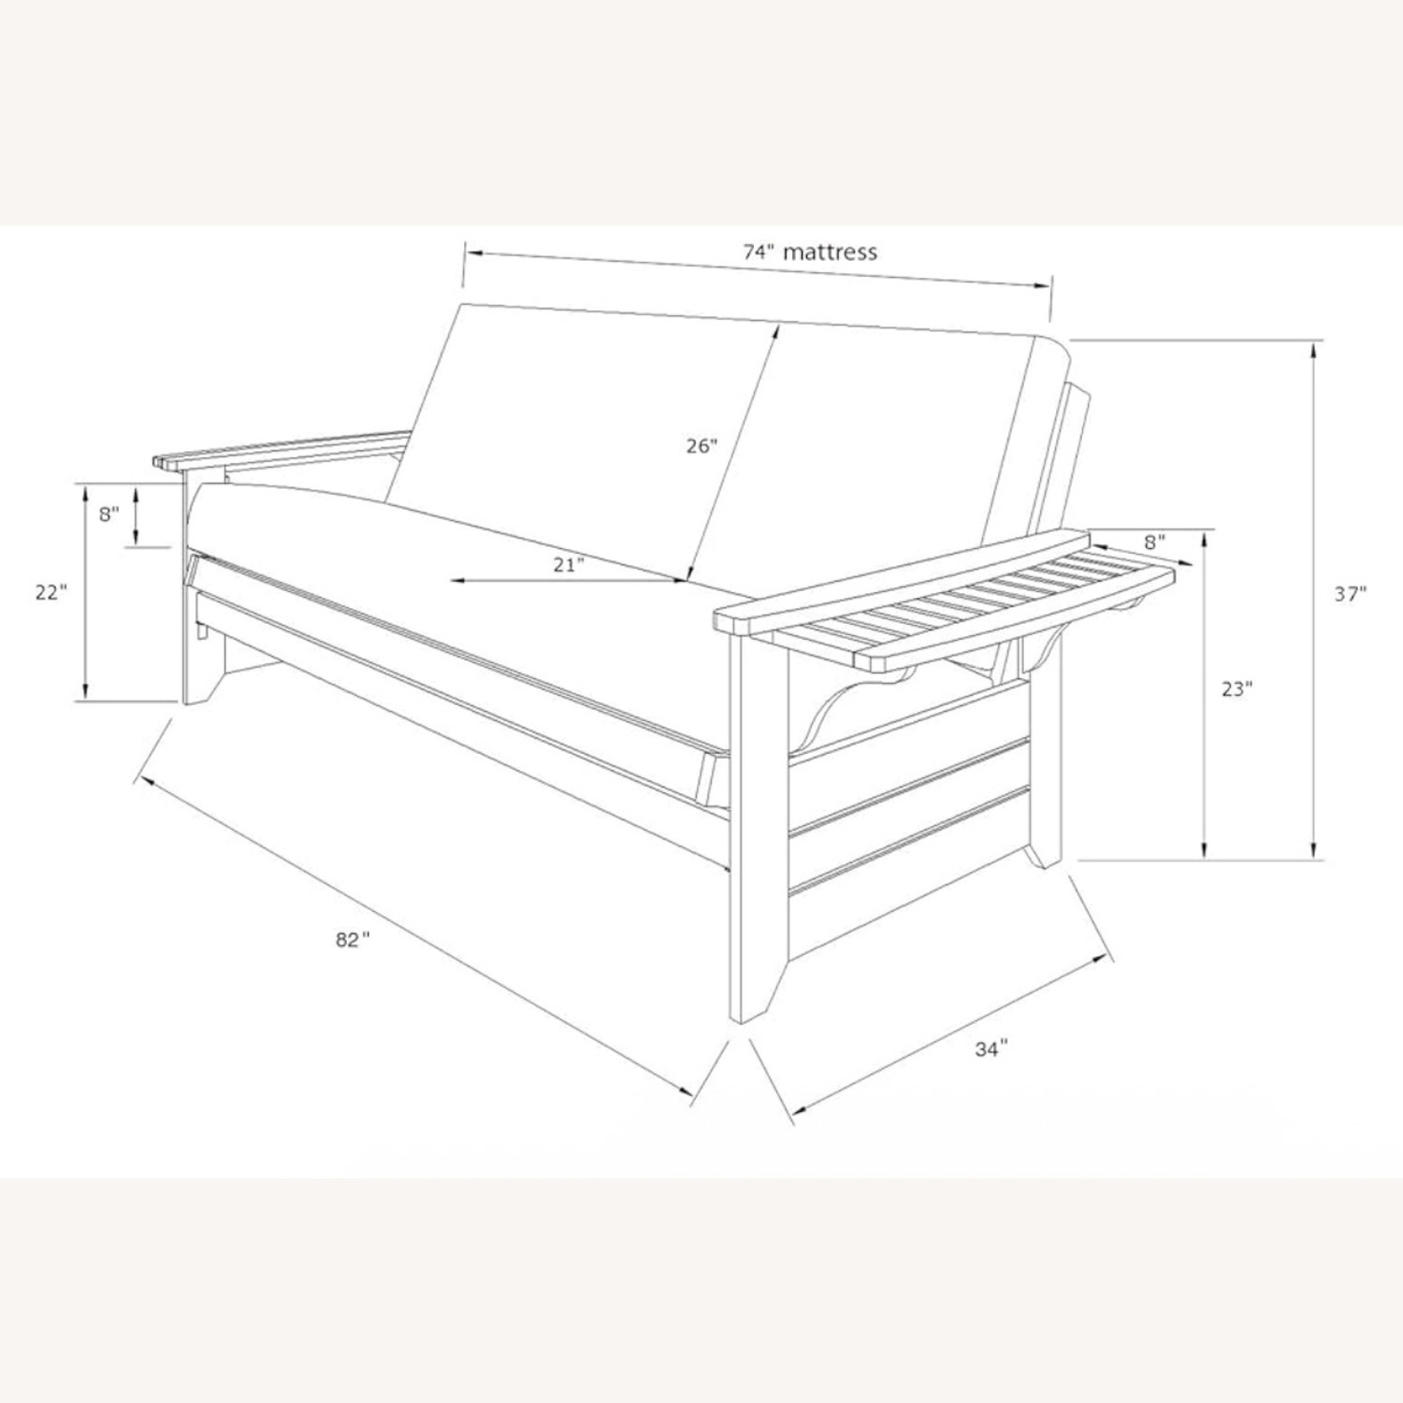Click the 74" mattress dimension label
tap(810, 252)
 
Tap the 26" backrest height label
tap(701, 445)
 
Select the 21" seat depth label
tap(568, 563)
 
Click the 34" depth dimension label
tap(991, 1049)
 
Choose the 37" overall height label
tap(1351, 593)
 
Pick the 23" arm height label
tap(1237, 689)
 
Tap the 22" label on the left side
tap(51, 593)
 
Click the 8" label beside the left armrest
tap(109, 513)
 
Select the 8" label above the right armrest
tap(1154, 541)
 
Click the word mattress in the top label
tap(831, 252)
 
